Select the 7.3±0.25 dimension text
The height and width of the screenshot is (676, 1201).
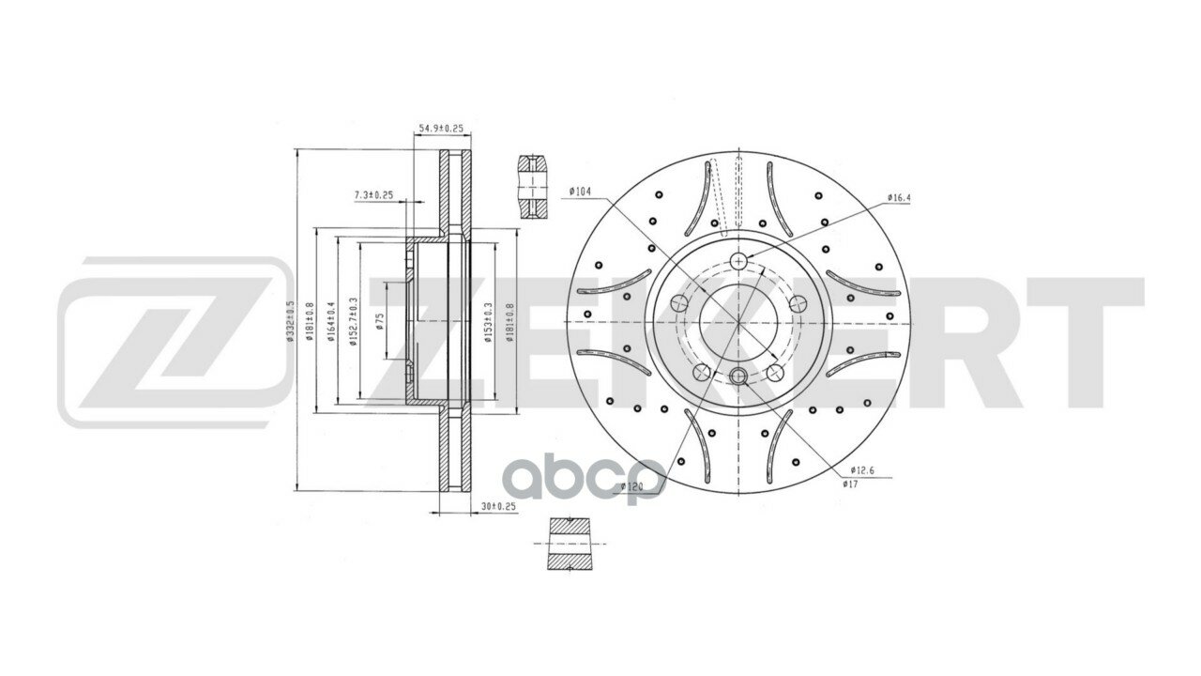coord(372,195)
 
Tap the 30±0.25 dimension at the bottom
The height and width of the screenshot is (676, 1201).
coord(498,506)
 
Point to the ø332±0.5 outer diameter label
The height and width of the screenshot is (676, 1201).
coord(291,320)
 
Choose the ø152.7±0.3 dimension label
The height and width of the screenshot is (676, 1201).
coord(354,320)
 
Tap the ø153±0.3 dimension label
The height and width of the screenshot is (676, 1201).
coord(489,320)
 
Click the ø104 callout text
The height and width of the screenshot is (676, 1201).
coord(580,192)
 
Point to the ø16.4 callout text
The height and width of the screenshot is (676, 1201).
coord(899,198)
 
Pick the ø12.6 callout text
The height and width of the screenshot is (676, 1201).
coord(862,469)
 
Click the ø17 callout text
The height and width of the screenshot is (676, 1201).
coord(849,484)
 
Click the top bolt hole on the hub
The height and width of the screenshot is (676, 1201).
coord(739,261)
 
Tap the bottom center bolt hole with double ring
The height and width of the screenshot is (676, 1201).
coord(737,376)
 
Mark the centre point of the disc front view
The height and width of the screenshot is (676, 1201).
coord(739,322)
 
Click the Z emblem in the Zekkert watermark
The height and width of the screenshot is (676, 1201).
coord(175,342)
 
